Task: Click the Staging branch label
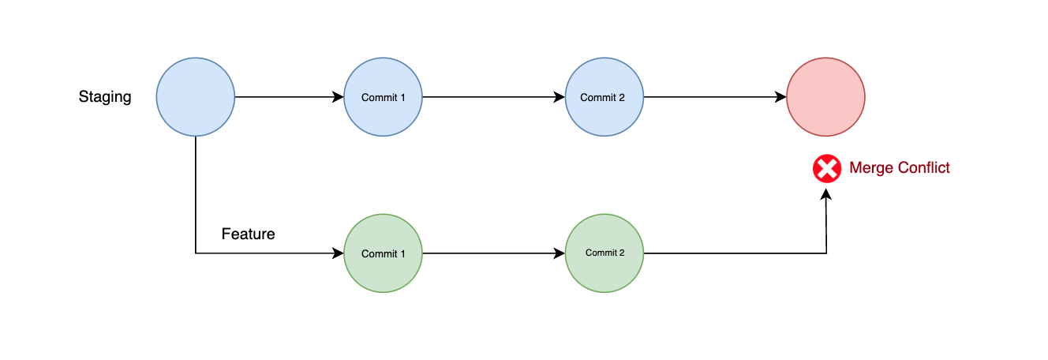coord(104,97)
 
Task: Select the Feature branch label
coord(248,234)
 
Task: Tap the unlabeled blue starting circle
coord(196,97)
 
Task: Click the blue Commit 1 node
coord(384,97)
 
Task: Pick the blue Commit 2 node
coord(604,97)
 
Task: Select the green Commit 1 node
coord(384,253)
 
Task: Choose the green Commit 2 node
coord(604,253)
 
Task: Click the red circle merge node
coord(826,97)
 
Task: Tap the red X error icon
coord(827,168)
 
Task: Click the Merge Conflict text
coord(899,168)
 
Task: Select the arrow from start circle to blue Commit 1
coord(289,97)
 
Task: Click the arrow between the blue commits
coord(494,97)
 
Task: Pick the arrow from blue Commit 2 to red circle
coord(715,97)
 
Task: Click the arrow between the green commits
coord(494,253)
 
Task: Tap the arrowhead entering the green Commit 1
coord(339,253)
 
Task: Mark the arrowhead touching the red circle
coord(781,97)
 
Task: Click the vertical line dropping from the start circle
coord(196,197)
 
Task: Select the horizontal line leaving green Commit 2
coord(734,253)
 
